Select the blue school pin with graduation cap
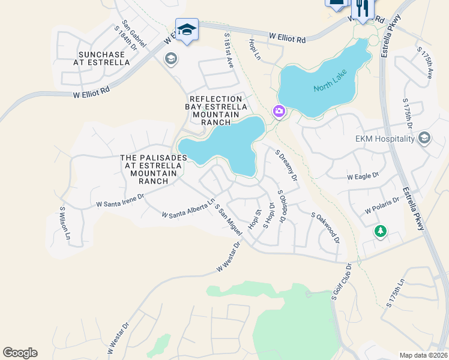[x=187, y=29]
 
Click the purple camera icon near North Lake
[x=279, y=111]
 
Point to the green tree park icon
[x=380, y=231]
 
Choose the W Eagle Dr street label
[x=363, y=176]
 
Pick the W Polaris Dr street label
[x=382, y=206]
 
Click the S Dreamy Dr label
[x=286, y=166]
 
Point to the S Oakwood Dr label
[x=325, y=227]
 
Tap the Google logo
[x=20, y=353]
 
